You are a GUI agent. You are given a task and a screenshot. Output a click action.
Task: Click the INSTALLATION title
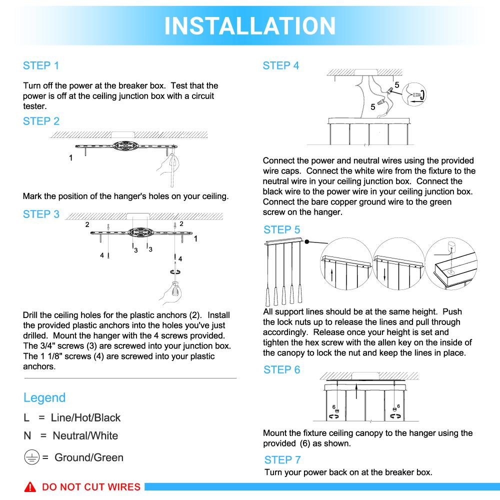(250, 25)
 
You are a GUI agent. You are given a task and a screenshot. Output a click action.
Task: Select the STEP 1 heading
(41, 65)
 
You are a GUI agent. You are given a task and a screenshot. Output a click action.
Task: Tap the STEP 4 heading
(280, 65)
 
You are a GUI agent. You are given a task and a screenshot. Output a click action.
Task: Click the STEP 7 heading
(282, 459)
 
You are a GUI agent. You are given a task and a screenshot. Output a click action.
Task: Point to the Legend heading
(44, 397)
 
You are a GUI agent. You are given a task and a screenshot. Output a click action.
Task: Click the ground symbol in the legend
(31, 457)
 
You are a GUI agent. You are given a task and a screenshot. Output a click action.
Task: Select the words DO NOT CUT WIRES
(91, 487)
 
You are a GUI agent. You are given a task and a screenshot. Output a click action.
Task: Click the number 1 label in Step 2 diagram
(70, 158)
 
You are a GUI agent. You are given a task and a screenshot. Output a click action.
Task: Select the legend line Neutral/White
(70, 435)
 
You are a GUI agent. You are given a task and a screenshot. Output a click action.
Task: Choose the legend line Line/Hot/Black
(72, 417)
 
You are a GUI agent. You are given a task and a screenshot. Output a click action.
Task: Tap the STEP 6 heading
(282, 370)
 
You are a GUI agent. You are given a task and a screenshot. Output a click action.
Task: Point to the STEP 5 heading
(282, 230)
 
